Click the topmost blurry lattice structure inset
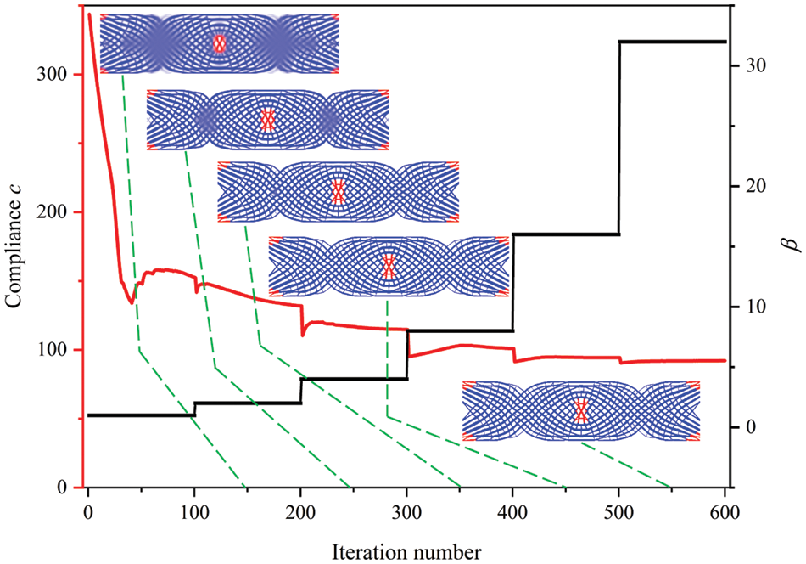coord(220,43)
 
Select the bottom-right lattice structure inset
coord(581,411)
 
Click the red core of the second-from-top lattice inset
coord(268,120)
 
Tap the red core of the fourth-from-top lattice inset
coord(389,267)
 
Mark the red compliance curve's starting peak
coord(89,14)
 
